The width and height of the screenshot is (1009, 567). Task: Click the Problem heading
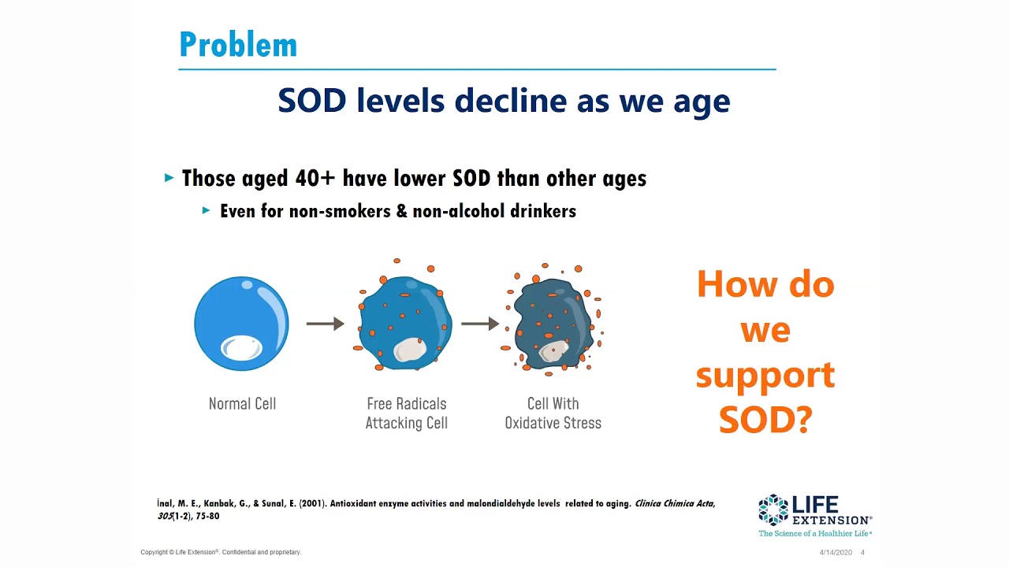click(x=238, y=45)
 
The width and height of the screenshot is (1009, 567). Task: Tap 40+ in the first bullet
click(x=315, y=178)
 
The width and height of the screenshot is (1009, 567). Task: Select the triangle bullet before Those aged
click(x=169, y=178)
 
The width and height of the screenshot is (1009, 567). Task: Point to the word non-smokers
click(x=340, y=211)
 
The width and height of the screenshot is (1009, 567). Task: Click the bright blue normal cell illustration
click(x=241, y=324)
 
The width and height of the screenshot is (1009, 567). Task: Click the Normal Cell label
click(x=242, y=404)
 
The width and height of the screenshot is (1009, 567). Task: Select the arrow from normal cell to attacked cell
click(x=325, y=324)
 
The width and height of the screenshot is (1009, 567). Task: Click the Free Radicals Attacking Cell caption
click(x=406, y=413)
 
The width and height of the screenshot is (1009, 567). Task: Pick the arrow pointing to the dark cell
click(x=479, y=324)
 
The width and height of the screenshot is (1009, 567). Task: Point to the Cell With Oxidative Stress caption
click(x=553, y=413)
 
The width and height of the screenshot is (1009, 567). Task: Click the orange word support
click(x=765, y=376)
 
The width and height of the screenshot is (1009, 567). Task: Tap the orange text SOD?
click(x=765, y=420)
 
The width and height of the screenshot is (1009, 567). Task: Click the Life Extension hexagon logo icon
click(x=773, y=510)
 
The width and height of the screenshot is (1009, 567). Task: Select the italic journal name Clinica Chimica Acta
click(x=674, y=503)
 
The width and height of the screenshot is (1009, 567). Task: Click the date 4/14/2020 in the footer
click(x=836, y=553)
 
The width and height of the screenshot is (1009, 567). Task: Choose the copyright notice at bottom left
click(x=221, y=552)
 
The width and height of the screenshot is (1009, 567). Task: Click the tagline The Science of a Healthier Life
click(x=814, y=534)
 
